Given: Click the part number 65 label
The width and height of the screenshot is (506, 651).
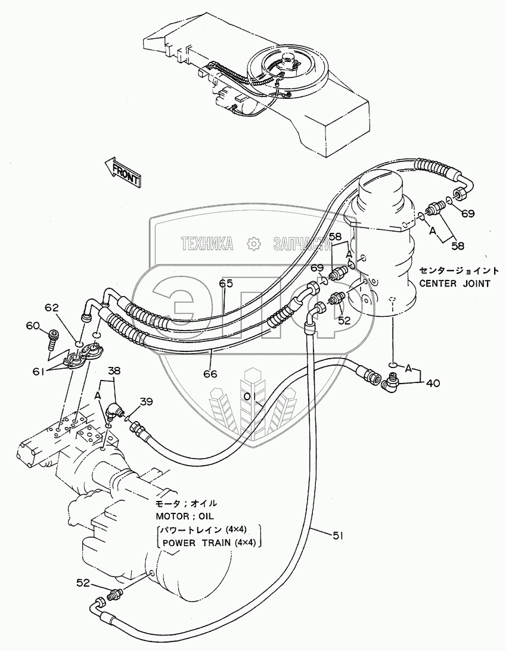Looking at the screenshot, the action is click(226, 284).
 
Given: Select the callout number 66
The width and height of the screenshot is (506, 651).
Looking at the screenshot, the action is click(210, 374).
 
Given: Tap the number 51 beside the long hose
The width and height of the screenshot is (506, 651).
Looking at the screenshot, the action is click(339, 536).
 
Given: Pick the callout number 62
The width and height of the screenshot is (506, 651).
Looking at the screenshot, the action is click(52, 308).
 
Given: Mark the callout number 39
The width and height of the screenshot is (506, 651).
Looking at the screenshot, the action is click(146, 402).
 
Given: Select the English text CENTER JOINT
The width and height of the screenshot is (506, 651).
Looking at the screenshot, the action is click(455, 284).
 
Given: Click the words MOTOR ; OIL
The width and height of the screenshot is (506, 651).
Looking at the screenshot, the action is click(185, 516).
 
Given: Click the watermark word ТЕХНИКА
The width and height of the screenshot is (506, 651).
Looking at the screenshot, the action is click(207, 244).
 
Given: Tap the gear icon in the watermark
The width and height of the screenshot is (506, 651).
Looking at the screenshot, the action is click(253, 244).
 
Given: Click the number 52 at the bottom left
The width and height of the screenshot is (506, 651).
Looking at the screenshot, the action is click(83, 583).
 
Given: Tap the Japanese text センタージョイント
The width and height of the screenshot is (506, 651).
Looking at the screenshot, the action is click(459, 270).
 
